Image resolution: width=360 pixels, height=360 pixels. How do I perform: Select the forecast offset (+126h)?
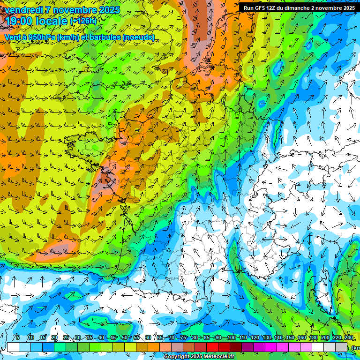click(x=83, y=21)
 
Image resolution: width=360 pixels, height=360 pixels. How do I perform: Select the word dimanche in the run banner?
click(x=296, y=8)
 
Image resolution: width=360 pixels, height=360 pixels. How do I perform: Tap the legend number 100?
click(x=231, y=338)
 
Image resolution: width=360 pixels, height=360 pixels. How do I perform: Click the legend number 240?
click(x=348, y=338)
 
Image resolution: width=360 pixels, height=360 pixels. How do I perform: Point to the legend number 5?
click(x=18, y=338)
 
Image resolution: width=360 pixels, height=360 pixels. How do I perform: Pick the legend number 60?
click(x=148, y=338)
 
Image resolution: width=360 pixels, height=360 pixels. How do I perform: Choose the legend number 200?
click(x=325, y=338)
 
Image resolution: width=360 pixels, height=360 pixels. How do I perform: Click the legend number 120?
click(x=255, y=338)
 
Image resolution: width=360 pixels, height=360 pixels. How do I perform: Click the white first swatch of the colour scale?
click(x=13, y=347)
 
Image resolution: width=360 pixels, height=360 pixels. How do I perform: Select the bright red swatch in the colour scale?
click(x=212, y=347)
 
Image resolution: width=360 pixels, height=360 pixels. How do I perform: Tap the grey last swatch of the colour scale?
click(x=342, y=347)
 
